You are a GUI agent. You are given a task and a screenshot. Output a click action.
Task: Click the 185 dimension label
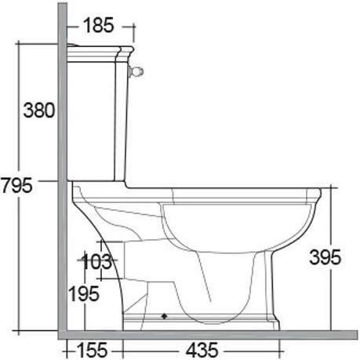click(99, 25)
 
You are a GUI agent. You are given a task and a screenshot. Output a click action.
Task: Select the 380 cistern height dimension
click(39, 110)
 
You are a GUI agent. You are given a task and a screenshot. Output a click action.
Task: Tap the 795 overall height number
click(16, 185)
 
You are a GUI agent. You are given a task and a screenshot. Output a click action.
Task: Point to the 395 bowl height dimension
click(325, 257)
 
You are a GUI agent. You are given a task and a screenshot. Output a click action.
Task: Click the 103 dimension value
click(96, 261)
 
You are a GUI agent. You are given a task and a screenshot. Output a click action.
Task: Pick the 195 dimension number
click(84, 293)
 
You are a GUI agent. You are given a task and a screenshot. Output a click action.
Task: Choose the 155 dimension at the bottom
click(92, 350)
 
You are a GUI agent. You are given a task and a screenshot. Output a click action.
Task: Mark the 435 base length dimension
click(202, 350)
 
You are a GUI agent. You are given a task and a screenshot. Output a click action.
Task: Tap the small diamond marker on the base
click(164, 316)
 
